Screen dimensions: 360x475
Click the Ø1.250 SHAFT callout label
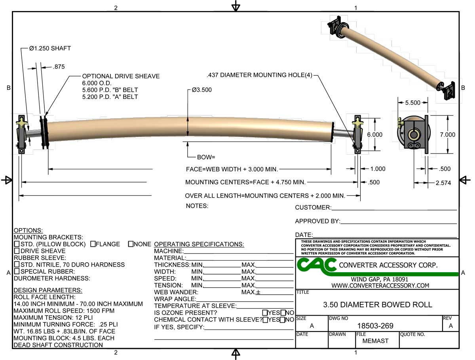[50, 48]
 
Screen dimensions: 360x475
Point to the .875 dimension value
[59, 67]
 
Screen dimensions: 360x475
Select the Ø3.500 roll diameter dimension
[202, 90]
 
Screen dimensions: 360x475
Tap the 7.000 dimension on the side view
[447, 135]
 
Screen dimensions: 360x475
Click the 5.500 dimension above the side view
[412, 102]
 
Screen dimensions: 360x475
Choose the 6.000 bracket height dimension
[374, 135]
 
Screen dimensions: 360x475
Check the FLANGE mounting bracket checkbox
[93, 244]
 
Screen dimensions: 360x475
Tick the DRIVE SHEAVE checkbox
[17, 251]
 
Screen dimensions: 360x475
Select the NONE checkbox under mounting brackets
[131, 244]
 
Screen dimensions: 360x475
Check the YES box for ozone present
[265, 313]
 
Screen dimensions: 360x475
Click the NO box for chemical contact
[283, 320]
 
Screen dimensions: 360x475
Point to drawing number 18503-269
[375, 326]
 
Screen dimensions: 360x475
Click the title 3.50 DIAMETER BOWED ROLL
[378, 305]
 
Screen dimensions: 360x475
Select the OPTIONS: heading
[28, 230]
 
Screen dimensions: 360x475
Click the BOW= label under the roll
[206, 157]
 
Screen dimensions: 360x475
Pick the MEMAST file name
[375, 341]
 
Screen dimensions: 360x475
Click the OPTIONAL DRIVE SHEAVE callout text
[121, 76]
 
